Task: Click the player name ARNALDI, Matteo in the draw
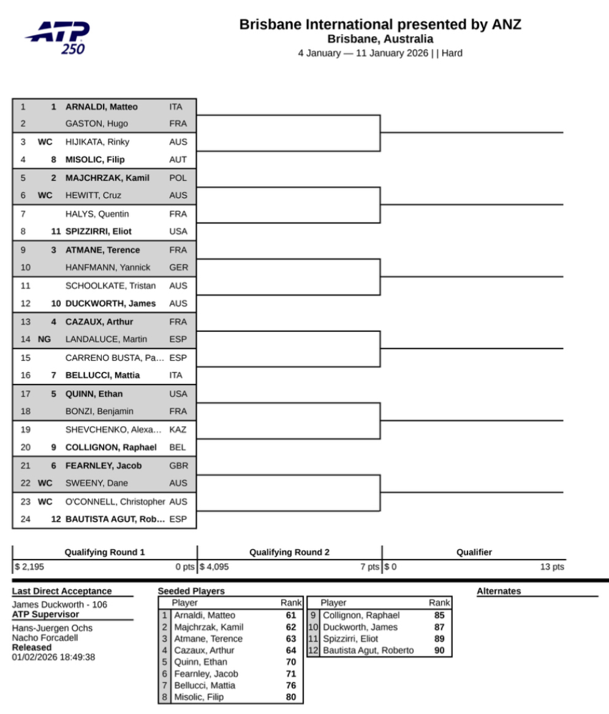pyautogui.click(x=101, y=107)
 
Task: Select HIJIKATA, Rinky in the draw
pyautogui.click(x=97, y=141)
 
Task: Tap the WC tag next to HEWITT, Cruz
pyautogui.click(x=45, y=195)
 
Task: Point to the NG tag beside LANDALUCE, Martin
pyautogui.click(x=44, y=339)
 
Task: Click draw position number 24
pyautogui.click(x=23, y=519)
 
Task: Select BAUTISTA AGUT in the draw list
pyautogui.click(x=115, y=519)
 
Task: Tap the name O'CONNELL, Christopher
pyautogui.click(x=115, y=502)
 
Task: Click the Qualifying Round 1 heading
pyautogui.click(x=105, y=552)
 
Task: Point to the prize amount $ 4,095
pyautogui.click(x=214, y=567)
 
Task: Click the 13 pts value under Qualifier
pyautogui.click(x=551, y=567)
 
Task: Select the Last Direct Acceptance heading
pyautogui.click(x=62, y=591)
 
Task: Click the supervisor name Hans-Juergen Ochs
pyautogui.click(x=43, y=628)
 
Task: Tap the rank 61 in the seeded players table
pyautogui.click(x=290, y=615)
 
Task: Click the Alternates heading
pyautogui.click(x=499, y=591)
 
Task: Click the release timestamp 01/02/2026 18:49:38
pyautogui.click(x=53, y=657)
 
